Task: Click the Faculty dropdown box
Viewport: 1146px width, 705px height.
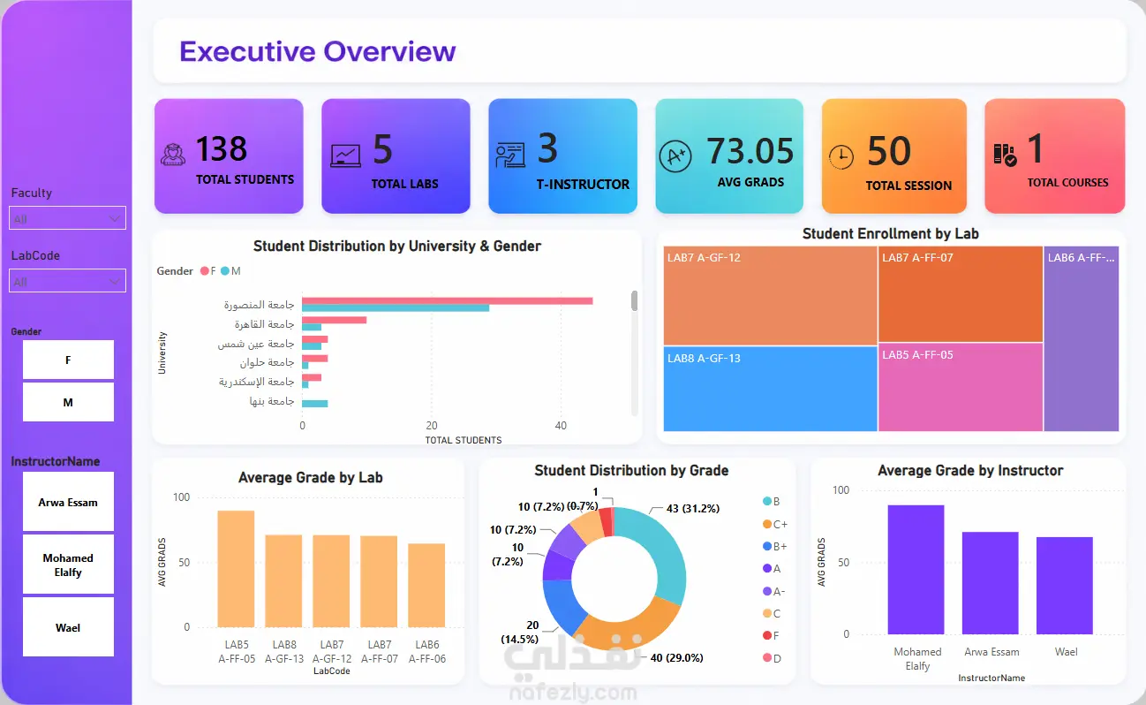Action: [x=67, y=218]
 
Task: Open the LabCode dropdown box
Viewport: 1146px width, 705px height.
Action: [x=67, y=281]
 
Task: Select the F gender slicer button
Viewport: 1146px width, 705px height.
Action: [x=68, y=360]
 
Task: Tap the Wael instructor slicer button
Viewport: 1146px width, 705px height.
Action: [x=68, y=627]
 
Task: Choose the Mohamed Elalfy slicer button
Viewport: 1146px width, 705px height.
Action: [x=68, y=565]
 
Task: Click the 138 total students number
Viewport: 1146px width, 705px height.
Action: [x=222, y=149]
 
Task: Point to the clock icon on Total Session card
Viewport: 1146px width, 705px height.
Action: [x=841, y=156]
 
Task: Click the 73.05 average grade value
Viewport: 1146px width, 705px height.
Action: [x=750, y=151]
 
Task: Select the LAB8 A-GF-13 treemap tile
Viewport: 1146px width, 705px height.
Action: [x=770, y=389]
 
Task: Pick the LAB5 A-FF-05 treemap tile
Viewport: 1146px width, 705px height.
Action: [x=961, y=387]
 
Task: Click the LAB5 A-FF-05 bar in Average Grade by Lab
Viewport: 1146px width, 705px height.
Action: [x=236, y=569]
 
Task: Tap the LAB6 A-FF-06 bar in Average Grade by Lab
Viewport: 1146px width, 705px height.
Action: [x=426, y=585]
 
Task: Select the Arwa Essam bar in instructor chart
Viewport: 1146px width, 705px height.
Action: [x=990, y=583]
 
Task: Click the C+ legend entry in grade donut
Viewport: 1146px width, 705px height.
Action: [x=775, y=524]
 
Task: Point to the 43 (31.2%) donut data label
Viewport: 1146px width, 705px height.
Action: [x=693, y=508]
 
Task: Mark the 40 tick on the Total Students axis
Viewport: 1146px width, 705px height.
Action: [x=561, y=426]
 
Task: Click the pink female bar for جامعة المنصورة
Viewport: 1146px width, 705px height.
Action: [x=447, y=301]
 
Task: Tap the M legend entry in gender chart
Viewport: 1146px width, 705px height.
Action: [x=230, y=271]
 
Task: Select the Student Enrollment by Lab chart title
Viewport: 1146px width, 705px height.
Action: [x=890, y=234]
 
